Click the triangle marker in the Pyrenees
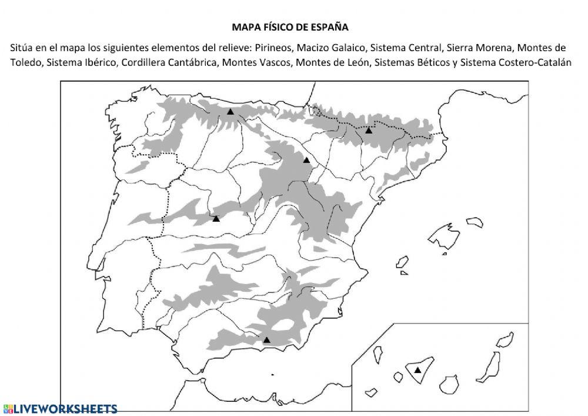(369, 131)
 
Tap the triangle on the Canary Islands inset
(417, 370)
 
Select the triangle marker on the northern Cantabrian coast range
(230, 111)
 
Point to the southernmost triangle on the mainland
(266, 340)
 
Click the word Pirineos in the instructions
(275, 48)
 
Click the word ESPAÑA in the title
(330, 27)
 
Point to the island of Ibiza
(402, 261)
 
